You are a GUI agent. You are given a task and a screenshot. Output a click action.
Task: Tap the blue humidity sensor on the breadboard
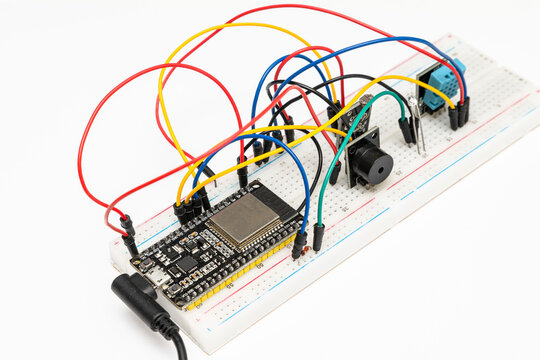pos(441,84)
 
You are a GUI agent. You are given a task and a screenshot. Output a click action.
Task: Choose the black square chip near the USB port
pos(185,264)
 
